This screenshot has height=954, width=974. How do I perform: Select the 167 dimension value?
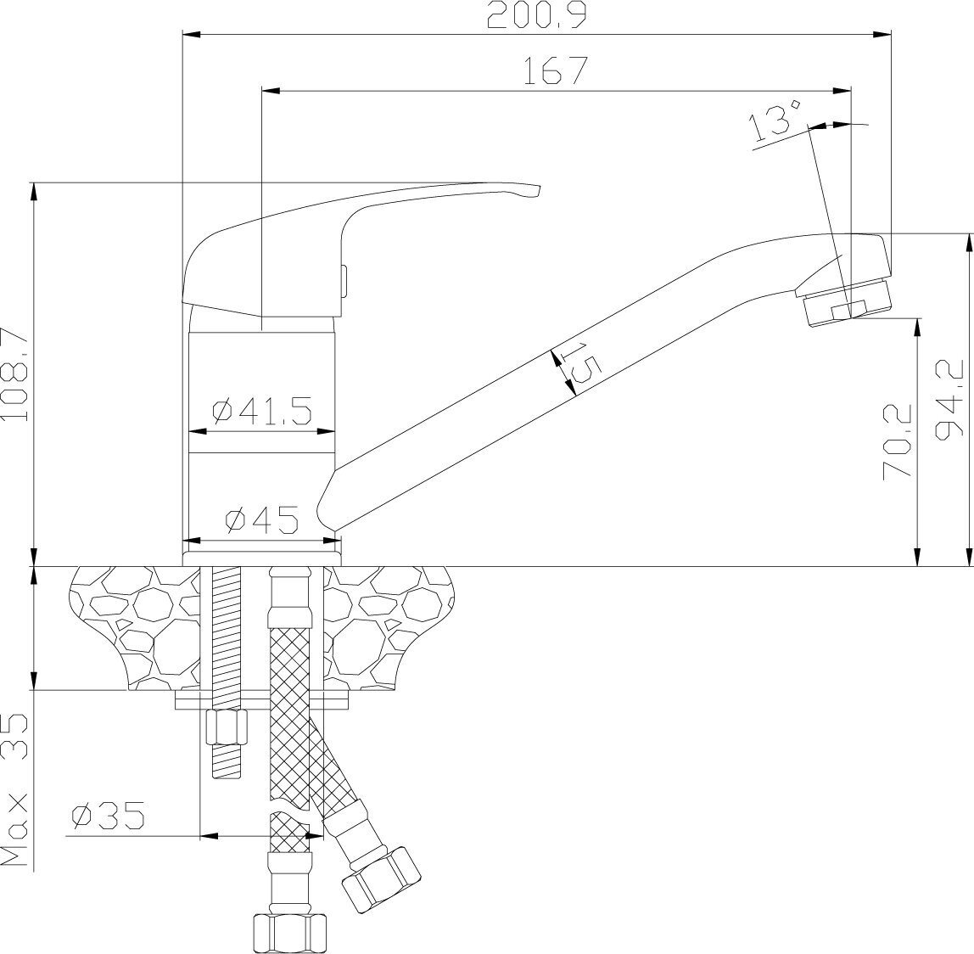pyautogui.click(x=556, y=70)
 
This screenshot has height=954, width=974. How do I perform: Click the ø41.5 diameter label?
pyautogui.click(x=262, y=412)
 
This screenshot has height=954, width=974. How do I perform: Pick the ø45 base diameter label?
pyautogui.click(x=261, y=519)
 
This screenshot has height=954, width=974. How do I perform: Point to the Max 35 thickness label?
pyautogui.click(x=16, y=789)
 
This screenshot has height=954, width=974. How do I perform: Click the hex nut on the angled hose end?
pyautogui.click(x=381, y=877)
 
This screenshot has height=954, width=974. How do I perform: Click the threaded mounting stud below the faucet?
pyautogui.click(x=225, y=628)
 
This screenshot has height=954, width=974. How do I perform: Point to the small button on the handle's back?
pyautogui.click(x=343, y=280)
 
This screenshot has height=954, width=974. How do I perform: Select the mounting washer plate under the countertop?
pyautogui.click(x=263, y=700)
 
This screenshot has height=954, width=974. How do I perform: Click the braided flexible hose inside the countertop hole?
pyautogui.click(x=289, y=645)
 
